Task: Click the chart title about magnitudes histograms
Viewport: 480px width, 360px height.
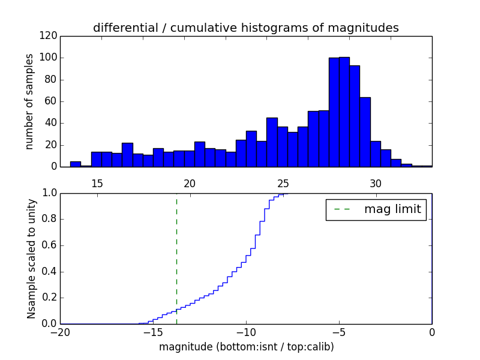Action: [245, 28]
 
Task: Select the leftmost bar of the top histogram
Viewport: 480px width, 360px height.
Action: [75, 164]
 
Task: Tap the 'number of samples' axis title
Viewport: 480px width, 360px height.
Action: [29, 101]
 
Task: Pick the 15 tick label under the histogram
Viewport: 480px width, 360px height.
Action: [97, 184]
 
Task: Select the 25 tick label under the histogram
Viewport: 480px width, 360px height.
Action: [283, 184]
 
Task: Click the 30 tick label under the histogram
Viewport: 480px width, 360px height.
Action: [376, 184]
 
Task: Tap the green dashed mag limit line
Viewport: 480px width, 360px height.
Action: [176, 258]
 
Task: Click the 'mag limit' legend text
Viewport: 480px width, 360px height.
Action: [392, 209]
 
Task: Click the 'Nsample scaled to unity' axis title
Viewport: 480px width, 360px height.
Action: [32, 258]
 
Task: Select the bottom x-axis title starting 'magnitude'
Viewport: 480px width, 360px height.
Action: [247, 347]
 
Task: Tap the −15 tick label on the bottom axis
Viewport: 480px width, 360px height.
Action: [152, 333]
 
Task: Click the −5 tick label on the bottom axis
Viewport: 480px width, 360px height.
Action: [339, 333]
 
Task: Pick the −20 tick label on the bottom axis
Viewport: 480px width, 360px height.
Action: [59, 333]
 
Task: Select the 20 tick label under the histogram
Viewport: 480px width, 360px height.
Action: [190, 184]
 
